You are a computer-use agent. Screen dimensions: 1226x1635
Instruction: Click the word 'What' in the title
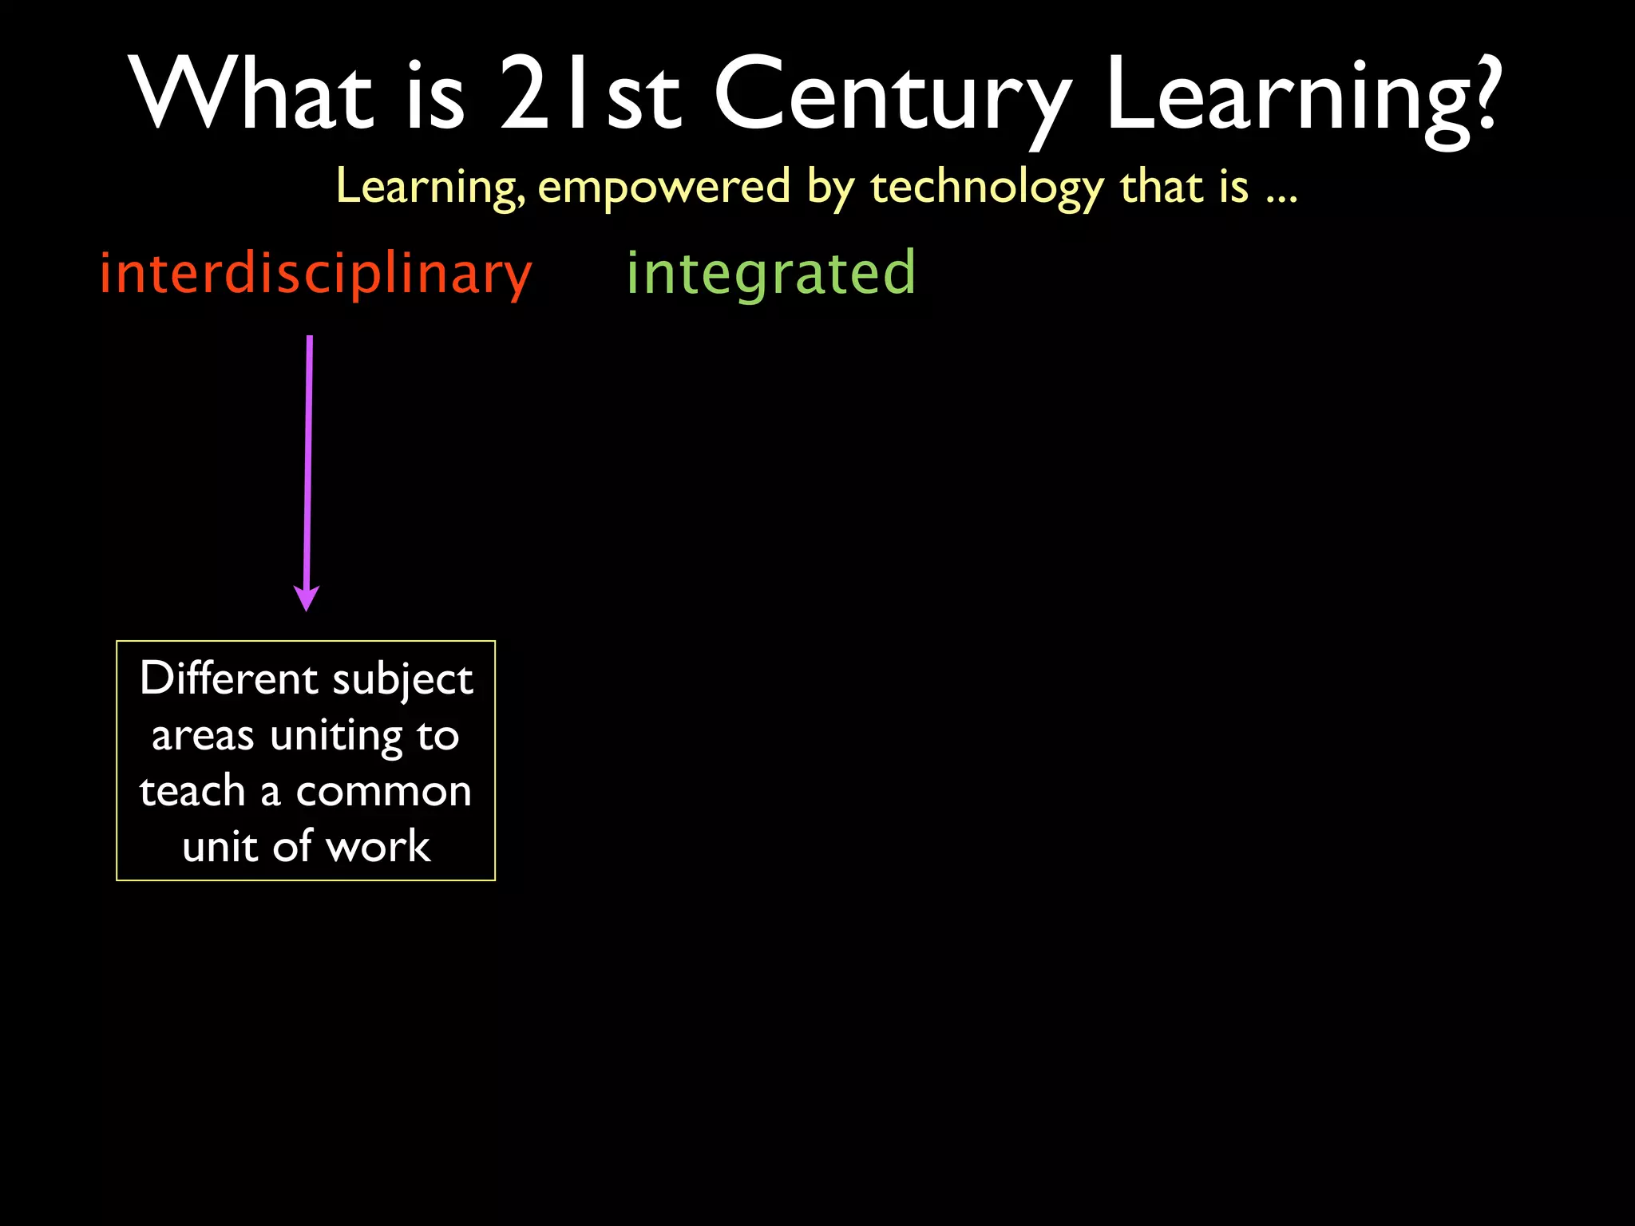coord(252,94)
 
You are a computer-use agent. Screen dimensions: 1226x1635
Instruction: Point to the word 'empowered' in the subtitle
coord(664,188)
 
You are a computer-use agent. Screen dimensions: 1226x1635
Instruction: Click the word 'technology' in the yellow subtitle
coord(987,188)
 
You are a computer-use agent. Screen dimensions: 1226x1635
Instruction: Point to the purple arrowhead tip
coord(307,608)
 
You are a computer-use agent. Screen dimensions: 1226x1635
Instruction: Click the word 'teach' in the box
coord(192,791)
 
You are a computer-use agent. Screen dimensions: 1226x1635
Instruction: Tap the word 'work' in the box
coord(378,847)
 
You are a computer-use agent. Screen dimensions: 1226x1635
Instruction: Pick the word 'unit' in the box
coord(220,847)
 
